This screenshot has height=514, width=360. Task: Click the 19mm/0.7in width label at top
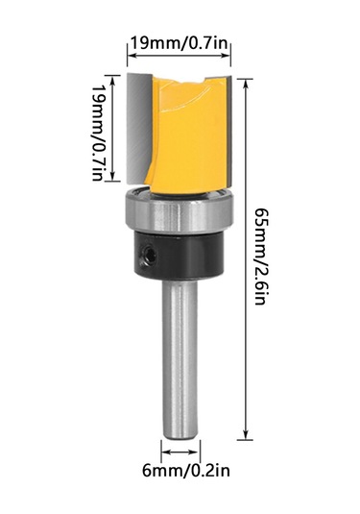coord(180,42)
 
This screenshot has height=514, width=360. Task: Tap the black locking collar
coord(180,251)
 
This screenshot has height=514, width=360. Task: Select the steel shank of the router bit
coord(180,355)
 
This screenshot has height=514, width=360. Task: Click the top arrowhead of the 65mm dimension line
coord(247,74)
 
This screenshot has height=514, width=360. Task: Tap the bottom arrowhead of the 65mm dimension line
coord(247,435)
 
